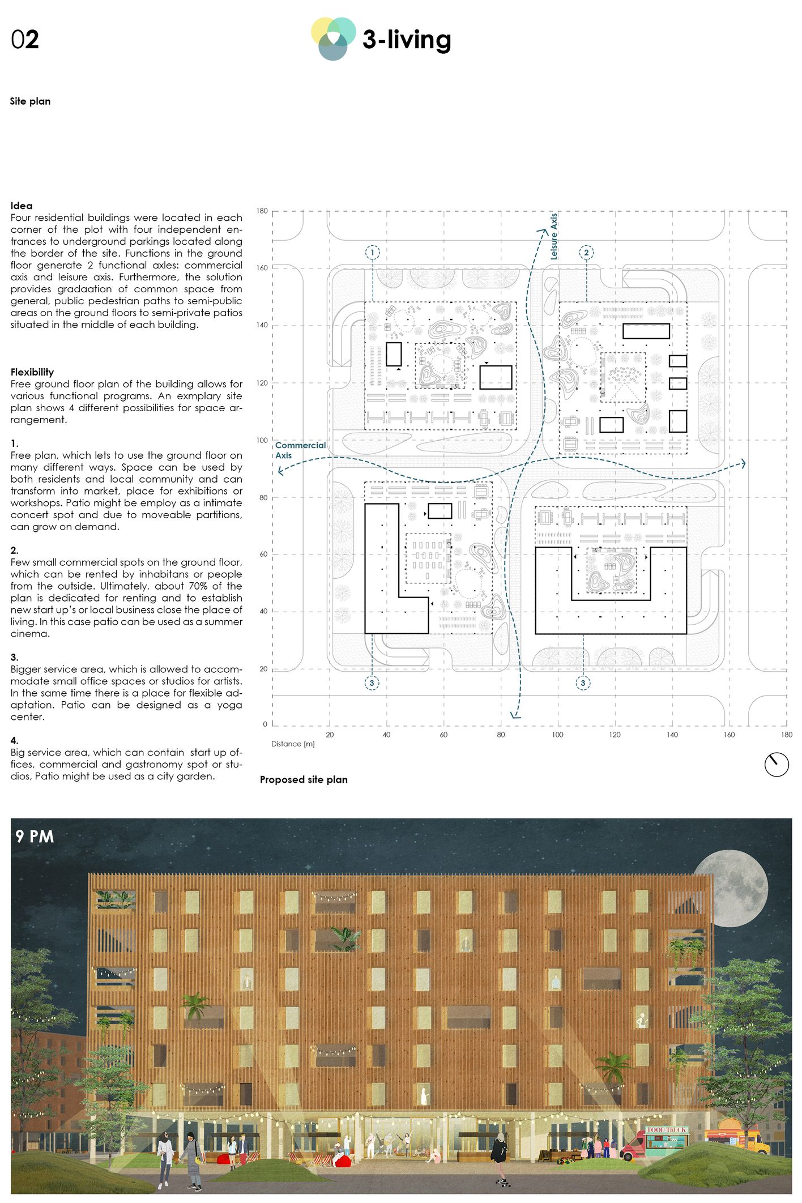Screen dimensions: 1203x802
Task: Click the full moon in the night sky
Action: pyautogui.click(x=731, y=888)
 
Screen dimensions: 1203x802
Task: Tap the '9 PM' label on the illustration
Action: pyautogui.click(x=35, y=837)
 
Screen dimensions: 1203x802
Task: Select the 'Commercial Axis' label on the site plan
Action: pyautogui.click(x=300, y=450)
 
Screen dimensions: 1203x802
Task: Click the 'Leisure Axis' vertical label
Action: pyautogui.click(x=554, y=237)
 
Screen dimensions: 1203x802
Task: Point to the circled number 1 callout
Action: pyautogui.click(x=372, y=253)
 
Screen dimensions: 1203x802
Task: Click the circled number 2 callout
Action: pyautogui.click(x=586, y=253)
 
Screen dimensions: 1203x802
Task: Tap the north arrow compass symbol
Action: pyautogui.click(x=776, y=765)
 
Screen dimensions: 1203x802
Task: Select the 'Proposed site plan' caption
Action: pyautogui.click(x=304, y=779)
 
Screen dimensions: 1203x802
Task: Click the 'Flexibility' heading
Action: pyautogui.click(x=32, y=372)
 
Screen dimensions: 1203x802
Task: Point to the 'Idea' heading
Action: pyautogui.click(x=22, y=206)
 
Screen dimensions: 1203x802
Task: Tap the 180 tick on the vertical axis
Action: pyautogui.click(x=262, y=211)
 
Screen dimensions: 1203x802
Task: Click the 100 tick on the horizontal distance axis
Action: pyautogui.click(x=557, y=735)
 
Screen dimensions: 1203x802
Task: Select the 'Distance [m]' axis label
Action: pyautogui.click(x=293, y=744)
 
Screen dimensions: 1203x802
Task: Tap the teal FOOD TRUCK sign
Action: pyautogui.click(x=667, y=1130)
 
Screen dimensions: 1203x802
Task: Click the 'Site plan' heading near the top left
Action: pyautogui.click(x=30, y=101)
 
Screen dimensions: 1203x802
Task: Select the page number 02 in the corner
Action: pyautogui.click(x=25, y=40)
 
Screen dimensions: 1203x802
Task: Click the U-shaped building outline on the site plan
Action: pyautogui.click(x=611, y=617)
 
